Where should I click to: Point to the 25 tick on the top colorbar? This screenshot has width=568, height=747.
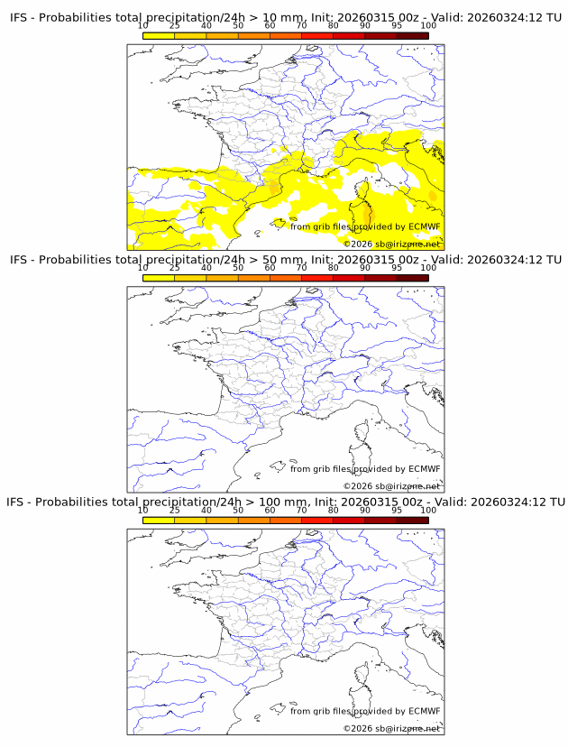click(175, 26)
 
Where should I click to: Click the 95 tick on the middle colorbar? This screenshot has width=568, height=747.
click(397, 268)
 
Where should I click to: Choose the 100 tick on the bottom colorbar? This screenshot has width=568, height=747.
click(428, 510)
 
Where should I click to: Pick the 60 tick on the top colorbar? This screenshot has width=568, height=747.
click(270, 26)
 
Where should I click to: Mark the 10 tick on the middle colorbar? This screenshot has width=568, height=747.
click(143, 268)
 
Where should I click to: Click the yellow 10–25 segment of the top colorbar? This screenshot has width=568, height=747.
click(159, 35)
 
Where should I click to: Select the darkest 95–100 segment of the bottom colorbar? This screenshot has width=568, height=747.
click(412, 520)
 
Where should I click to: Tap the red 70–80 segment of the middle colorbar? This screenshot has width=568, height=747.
click(317, 278)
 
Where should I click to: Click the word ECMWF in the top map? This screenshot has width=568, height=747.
click(425, 227)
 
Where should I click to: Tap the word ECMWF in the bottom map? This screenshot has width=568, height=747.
click(425, 711)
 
